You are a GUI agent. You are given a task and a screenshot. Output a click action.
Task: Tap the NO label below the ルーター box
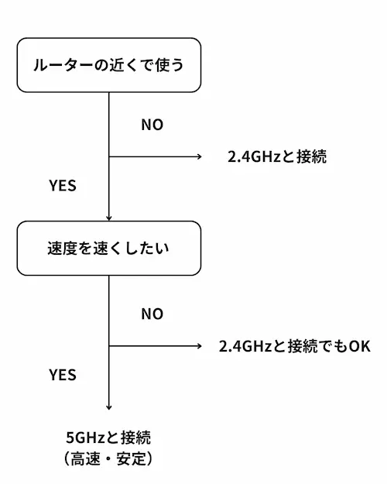[x=152, y=125]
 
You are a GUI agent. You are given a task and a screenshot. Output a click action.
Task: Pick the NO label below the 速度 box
[x=152, y=314]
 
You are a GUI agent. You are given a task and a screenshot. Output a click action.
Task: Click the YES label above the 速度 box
[x=63, y=186]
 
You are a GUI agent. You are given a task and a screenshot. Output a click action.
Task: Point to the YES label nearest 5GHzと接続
[x=63, y=375]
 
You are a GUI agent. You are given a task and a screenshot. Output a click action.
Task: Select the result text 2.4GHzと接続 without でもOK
[x=277, y=157]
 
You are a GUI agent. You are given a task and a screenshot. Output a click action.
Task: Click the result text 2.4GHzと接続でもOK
[x=295, y=345]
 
